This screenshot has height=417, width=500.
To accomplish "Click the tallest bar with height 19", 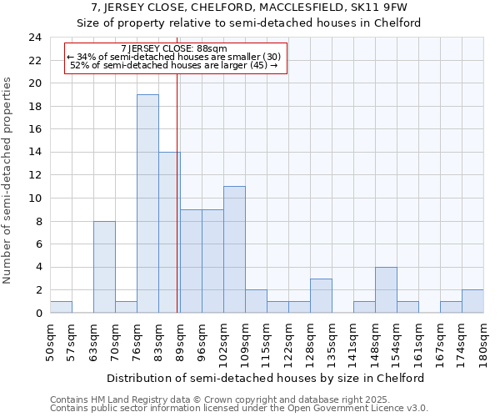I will coord(147,203).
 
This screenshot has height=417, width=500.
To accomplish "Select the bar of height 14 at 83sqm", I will coord(169,233).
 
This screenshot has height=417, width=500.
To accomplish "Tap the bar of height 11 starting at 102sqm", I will coord(234,249).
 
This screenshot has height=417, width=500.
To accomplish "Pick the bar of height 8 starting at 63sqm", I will coord(104,267).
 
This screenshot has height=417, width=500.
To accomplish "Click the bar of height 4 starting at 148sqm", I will coord(386,289).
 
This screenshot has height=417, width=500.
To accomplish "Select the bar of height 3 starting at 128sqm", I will coord(321,295).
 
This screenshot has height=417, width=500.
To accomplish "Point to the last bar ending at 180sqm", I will coord(472,301).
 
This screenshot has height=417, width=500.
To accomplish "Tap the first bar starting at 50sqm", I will coord(61,307).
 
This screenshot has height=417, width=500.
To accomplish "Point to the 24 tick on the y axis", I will coord(34,38).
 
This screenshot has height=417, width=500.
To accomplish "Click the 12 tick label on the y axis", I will coord(34,175).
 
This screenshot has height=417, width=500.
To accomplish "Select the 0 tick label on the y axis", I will coord(37,313).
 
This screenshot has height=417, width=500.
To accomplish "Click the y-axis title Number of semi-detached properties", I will coord(8,181).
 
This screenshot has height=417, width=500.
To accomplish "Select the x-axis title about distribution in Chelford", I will coord(267,378).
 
